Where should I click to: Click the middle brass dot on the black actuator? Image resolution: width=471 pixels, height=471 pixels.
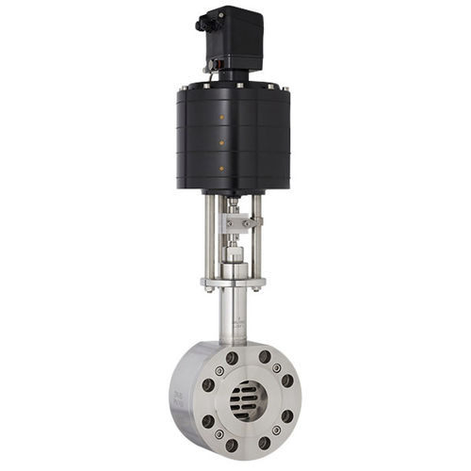tap(221, 143)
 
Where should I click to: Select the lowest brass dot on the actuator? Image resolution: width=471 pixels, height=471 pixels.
tap(221, 168)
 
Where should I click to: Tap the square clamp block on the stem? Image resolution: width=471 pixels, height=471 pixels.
tap(235, 223)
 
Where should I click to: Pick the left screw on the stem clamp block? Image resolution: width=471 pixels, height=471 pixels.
tap(227, 223)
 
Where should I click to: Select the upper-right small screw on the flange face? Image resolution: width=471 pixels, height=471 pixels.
tap(277, 369)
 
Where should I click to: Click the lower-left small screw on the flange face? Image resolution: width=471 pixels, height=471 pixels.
tap(219, 432)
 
